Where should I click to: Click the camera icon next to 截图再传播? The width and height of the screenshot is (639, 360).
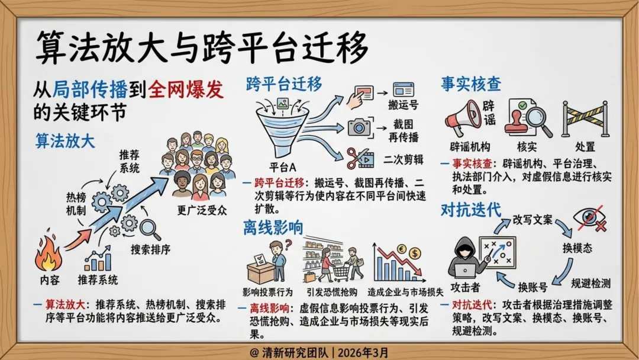pos(359,127)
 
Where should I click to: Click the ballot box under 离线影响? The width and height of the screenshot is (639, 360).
pos(260,271)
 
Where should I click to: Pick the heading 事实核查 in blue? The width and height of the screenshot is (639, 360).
pos(471,84)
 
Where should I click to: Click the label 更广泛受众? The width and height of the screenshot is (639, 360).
pos(202,210)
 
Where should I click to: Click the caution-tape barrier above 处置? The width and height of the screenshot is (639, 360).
pos(585,119)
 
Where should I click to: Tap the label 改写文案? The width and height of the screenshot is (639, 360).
pos(532,220)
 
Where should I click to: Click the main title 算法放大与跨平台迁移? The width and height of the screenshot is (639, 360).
pos(202,47)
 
